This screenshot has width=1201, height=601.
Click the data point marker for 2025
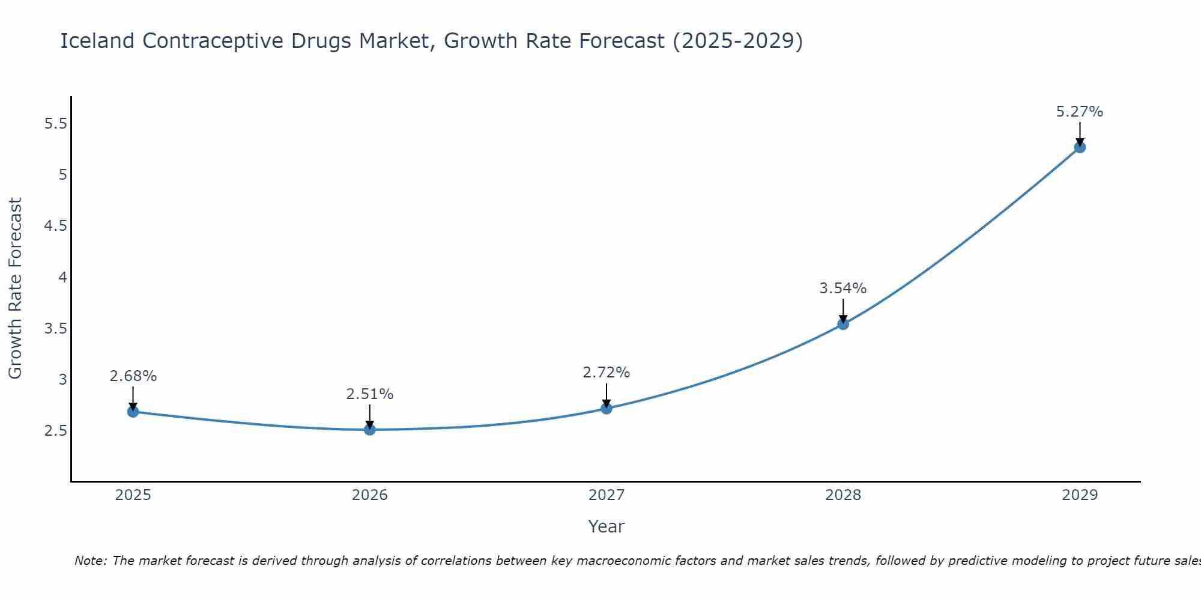coord(133,412)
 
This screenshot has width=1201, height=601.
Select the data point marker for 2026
coord(370,430)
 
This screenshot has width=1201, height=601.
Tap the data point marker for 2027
coord(607,409)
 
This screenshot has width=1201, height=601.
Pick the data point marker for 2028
coord(843,324)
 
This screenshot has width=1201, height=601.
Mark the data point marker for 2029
coord(1080,147)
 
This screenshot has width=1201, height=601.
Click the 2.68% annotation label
coord(133,376)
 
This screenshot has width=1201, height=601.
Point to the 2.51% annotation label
coord(370,394)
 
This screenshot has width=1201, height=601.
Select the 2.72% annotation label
coord(607,373)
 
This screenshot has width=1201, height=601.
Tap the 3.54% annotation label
coord(843,288)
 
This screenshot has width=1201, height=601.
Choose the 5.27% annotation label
coord(1080,112)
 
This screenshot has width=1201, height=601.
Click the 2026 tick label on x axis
coord(370,495)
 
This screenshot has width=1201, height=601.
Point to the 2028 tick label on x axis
coord(843,495)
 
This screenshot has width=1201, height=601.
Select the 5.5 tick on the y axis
coord(55,124)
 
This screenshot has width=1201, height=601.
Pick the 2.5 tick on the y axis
coord(55,431)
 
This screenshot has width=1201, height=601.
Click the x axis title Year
coord(607,526)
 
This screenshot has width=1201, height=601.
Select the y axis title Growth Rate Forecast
coord(16,288)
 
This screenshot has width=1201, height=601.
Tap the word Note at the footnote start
coord(90,561)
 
